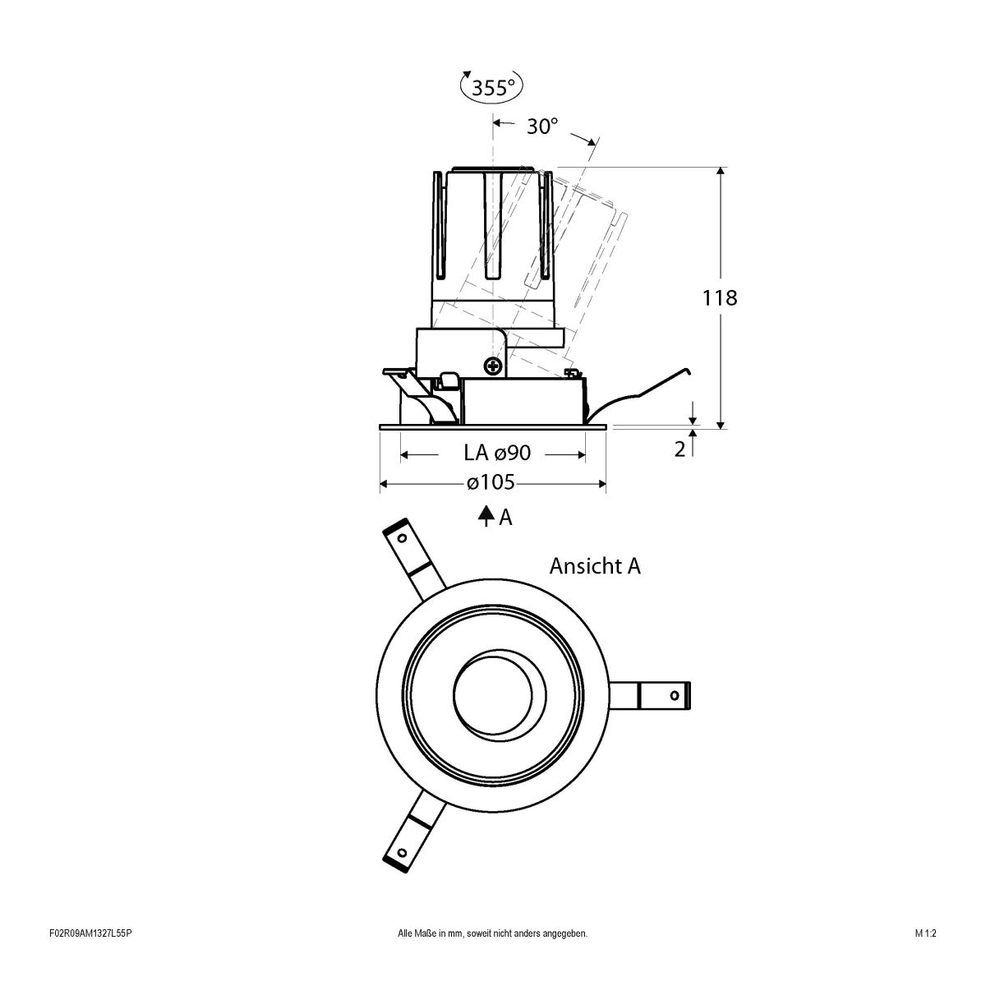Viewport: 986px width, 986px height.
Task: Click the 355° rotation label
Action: pyautogui.click(x=493, y=87)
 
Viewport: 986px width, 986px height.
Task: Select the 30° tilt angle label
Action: pyautogui.click(x=542, y=127)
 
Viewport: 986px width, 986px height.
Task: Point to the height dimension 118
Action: pyautogui.click(x=720, y=297)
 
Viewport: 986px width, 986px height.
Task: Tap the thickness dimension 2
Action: pyautogui.click(x=680, y=449)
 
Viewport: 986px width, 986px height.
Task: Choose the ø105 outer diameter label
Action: pyautogui.click(x=491, y=483)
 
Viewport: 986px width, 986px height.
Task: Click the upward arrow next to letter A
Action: pyautogui.click(x=486, y=516)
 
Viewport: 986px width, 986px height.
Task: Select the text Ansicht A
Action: pyautogui.click(x=595, y=566)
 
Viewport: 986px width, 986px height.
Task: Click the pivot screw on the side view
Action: pyautogui.click(x=494, y=366)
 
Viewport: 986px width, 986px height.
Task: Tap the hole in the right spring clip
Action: pyautogui.click(x=675, y=695)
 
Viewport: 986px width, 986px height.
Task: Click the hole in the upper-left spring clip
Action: pyautogui.click(x=402, y=539)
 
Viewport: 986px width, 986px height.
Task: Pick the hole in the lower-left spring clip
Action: pyautogui.click(x=402, y=851)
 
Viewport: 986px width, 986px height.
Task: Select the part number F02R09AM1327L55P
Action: pyautogui.click(x=91, y=956)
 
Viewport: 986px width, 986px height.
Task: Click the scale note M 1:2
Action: pyautogui.click(x=925, y=956)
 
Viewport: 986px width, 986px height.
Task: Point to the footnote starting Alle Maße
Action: pyautogui.click(x=492, y=956)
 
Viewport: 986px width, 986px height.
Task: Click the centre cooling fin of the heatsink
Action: pyautogui.click(x=493, y=226)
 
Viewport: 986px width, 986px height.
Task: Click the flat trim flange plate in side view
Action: pyautogui.click(x=493, y=426)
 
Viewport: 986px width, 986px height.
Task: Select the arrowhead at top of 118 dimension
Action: pyautogui.click(x=721, y=172)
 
